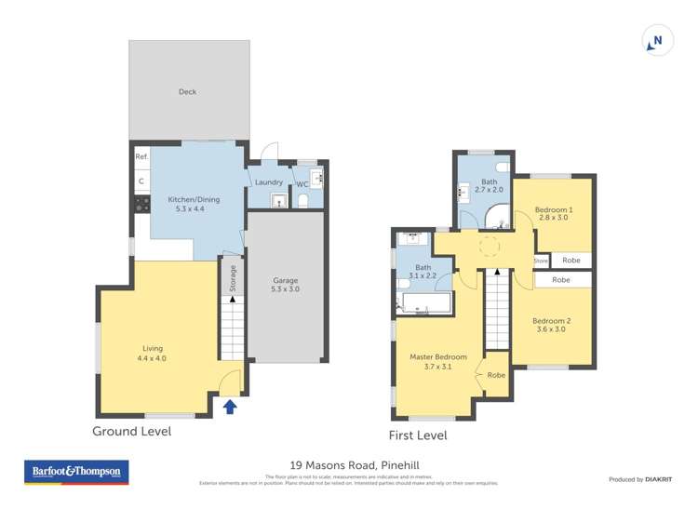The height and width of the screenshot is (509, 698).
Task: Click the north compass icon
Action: (657, 41)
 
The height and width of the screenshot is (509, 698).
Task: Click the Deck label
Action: (187, 91)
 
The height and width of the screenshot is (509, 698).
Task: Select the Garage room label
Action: (285, 280)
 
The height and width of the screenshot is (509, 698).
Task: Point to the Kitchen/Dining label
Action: (194, 199)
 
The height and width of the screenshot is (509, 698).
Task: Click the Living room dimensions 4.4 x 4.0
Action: (151, 358)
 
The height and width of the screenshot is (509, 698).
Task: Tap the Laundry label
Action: (269, 181)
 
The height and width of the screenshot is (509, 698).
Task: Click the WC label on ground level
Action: (302, 183)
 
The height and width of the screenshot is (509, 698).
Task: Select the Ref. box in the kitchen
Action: (141, 157)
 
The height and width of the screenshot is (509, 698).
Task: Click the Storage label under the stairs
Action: (234, 278)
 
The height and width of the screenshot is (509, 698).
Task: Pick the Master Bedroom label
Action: (437, 356)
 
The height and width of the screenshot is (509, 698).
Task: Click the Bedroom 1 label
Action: (553, 209)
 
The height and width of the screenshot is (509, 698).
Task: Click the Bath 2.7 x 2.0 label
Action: (489, 190)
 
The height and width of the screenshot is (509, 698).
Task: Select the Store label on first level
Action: (541, 261)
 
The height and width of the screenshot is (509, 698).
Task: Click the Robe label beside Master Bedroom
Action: (495, 375)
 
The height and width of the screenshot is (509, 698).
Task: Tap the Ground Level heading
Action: (131, 431)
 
